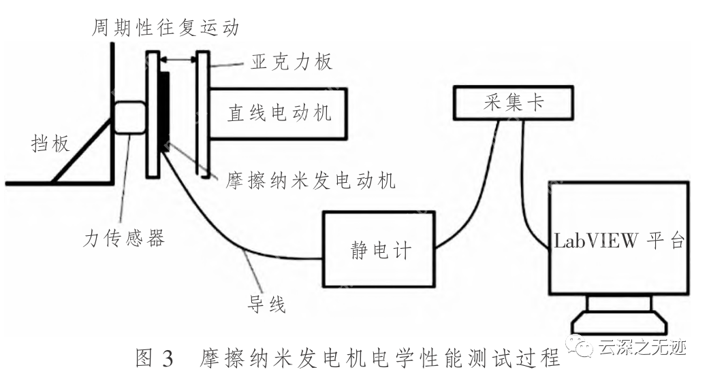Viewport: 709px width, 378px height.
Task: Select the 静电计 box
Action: click(x=377, y=249)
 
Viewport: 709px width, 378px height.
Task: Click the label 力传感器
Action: click(x=123, y=238)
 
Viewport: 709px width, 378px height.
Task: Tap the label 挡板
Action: click(x=52, y=143)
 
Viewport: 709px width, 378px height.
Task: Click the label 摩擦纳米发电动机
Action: click(x=304, y=182)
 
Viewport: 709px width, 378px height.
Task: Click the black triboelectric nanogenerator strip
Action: click(x=165, y=111)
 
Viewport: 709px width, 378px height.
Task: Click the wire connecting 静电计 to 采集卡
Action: click(x=477, y=184)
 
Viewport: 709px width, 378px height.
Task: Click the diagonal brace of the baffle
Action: click(x=82, y=151)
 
